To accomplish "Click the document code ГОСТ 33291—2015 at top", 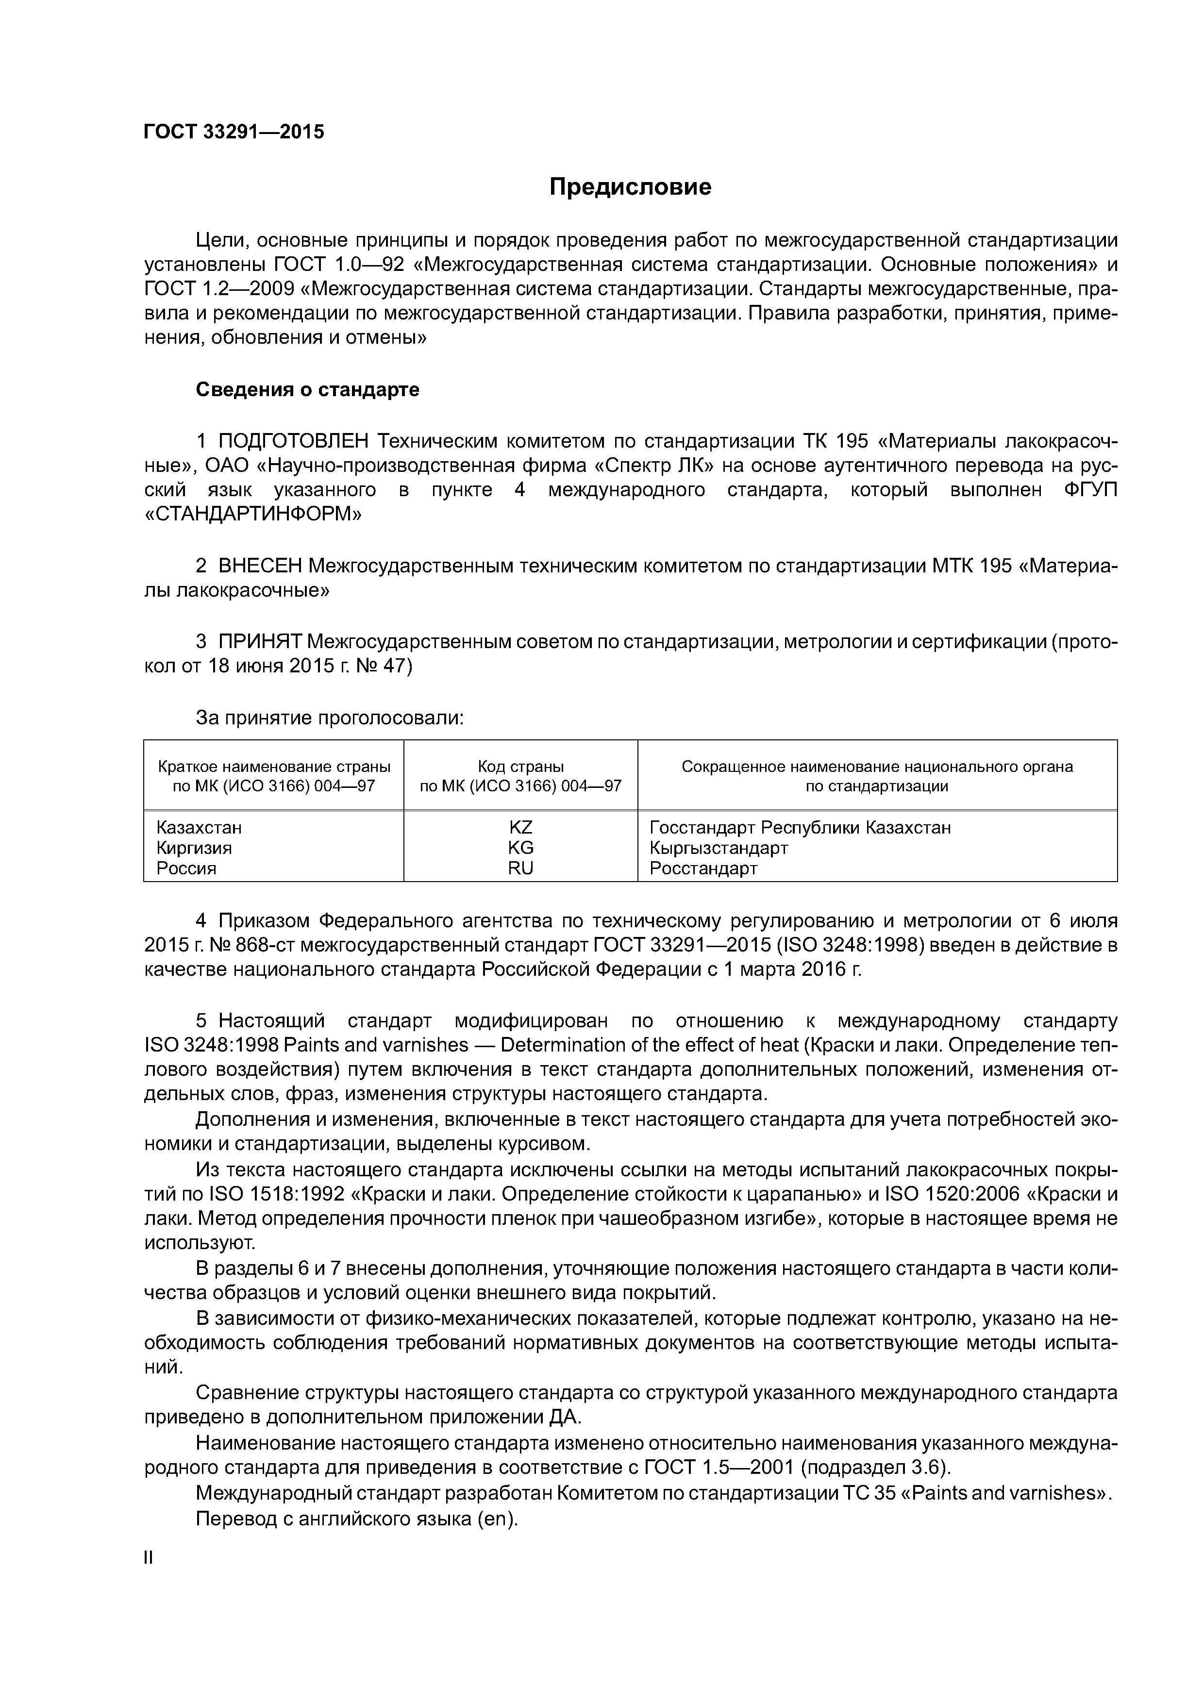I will pos(234,132).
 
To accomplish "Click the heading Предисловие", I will pos(630,187).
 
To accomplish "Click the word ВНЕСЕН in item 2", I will pos(260,566).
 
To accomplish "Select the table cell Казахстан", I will pos(199,827).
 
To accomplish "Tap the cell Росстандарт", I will pos(703,868).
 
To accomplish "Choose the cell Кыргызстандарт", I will pos(718,848).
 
